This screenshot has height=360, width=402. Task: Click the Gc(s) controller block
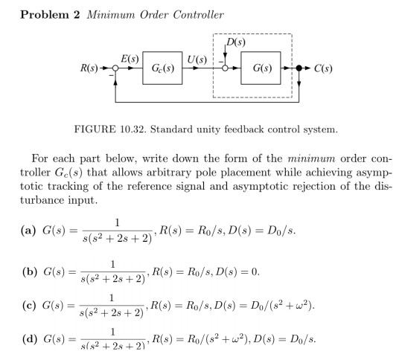[162, 72]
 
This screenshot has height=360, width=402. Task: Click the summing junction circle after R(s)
[116, 73]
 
